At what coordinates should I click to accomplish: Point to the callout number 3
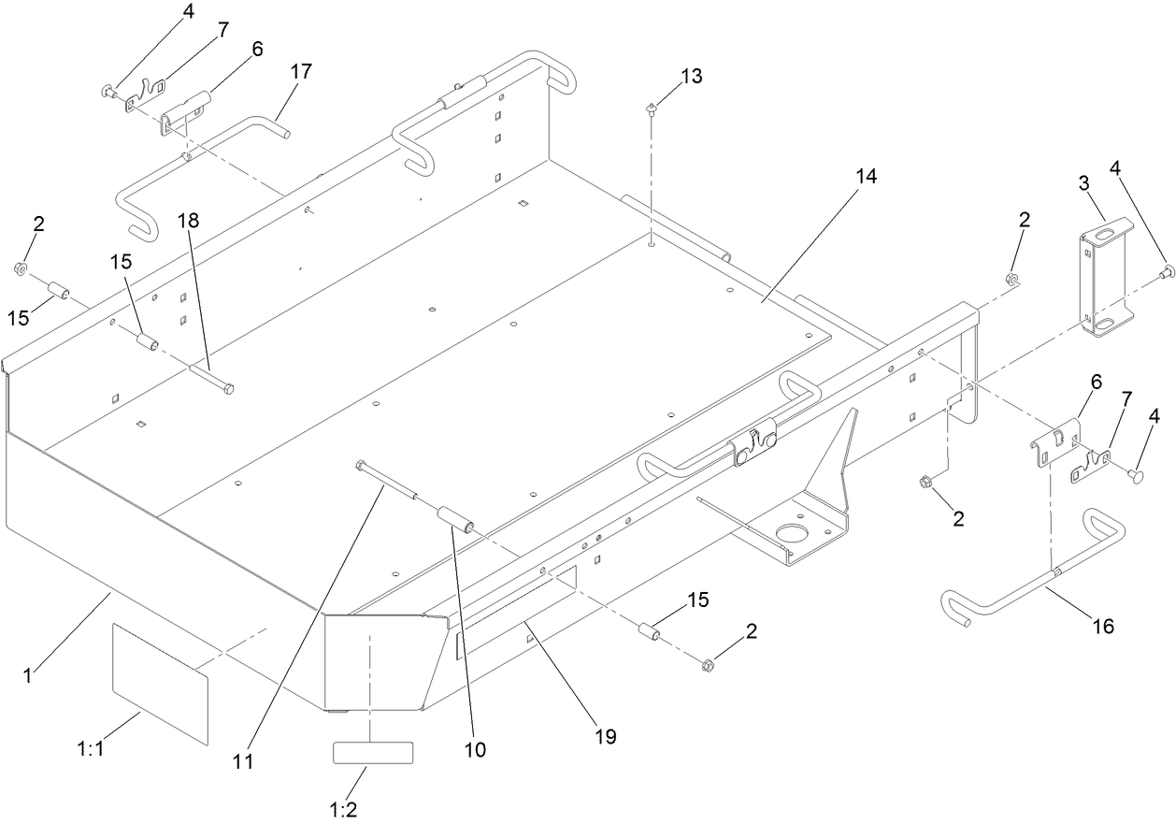[x=1084, y=181]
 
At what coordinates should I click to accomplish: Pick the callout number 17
[x=301, y=71]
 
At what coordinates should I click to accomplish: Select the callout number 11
[x=243, y=761]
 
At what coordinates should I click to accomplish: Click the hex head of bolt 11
[x=360, y=464]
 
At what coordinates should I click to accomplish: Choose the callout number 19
[x=605, y=736]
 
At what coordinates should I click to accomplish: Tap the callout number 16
[x=1103, y=626]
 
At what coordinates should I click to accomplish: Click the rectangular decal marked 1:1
[x=159, y=684]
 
